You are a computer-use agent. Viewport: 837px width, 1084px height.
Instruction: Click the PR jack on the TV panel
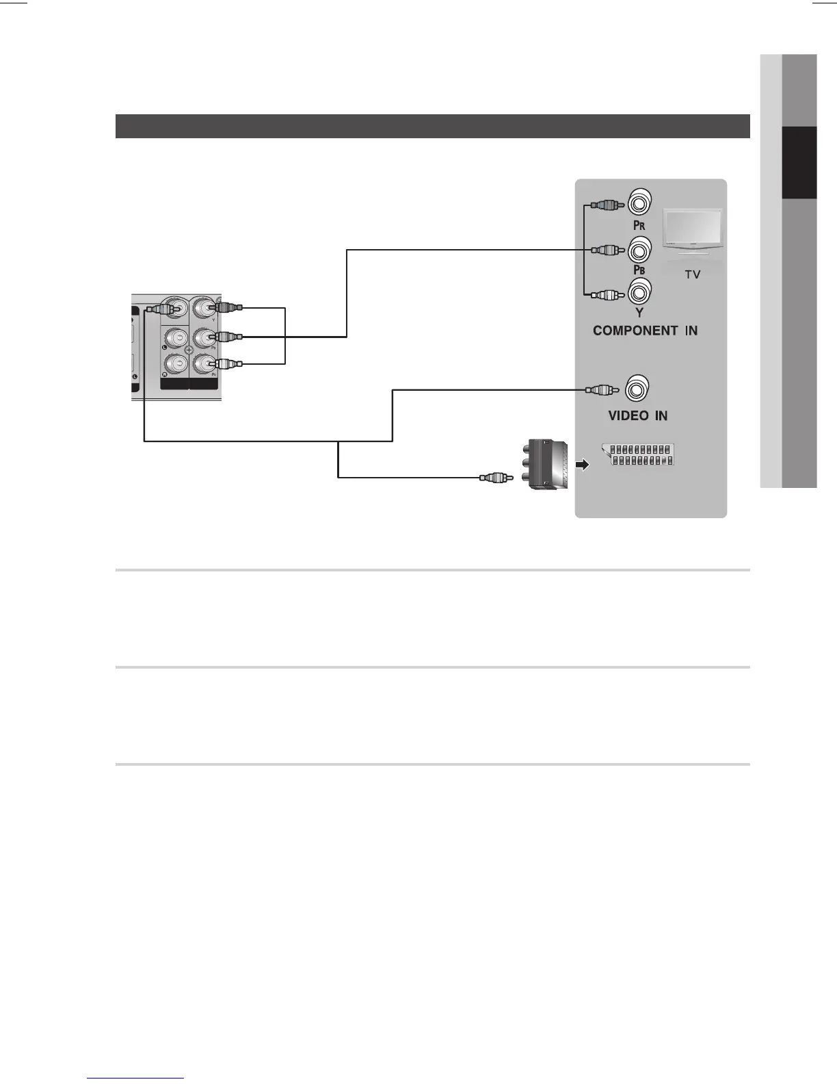tap(639, 203)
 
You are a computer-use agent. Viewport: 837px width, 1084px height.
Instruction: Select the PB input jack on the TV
tap(639, 250)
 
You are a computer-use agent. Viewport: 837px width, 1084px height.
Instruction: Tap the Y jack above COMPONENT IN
tap(639, 293)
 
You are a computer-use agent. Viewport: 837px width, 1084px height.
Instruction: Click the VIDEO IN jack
tap(637, 389)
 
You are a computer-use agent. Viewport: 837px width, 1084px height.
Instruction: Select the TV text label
tap(692, 274)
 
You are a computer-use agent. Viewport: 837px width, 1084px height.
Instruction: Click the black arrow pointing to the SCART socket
tap(582, 465)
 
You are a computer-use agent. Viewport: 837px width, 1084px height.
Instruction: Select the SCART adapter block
tap(548, 465)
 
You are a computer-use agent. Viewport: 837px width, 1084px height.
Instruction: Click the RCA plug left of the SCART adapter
tap(496, 477)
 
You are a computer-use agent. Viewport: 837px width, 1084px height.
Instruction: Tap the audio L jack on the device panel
tap(176, 337)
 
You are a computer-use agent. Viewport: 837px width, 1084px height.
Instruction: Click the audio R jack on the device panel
tap(176, 363)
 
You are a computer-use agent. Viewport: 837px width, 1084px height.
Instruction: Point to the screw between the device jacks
tap(189, 350)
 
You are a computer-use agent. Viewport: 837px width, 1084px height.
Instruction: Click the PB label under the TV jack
tap(639, 270)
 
